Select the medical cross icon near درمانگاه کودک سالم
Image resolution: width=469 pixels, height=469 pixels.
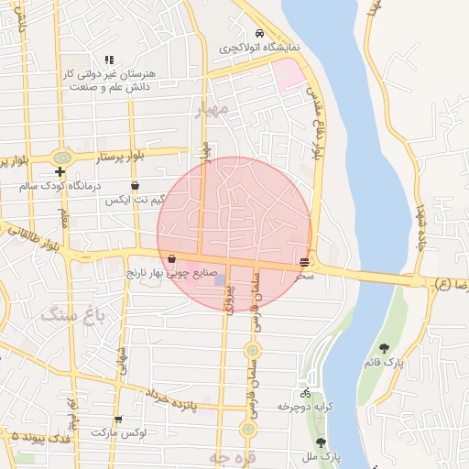[x=60, y=171]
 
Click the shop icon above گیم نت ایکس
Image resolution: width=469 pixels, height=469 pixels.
[x=135, y=186]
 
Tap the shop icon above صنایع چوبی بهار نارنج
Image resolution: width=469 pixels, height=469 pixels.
[x=172, y=259]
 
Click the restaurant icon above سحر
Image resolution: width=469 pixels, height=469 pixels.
[x=304, y=262]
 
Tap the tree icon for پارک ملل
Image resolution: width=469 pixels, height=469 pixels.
[x=321, y=442]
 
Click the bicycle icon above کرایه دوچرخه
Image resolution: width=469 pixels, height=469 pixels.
[x=305, y=392]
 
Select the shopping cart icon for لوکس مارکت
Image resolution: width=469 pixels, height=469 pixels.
[x=119, y=419]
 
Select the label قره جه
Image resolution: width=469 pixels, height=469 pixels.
[x=223, y=456]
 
